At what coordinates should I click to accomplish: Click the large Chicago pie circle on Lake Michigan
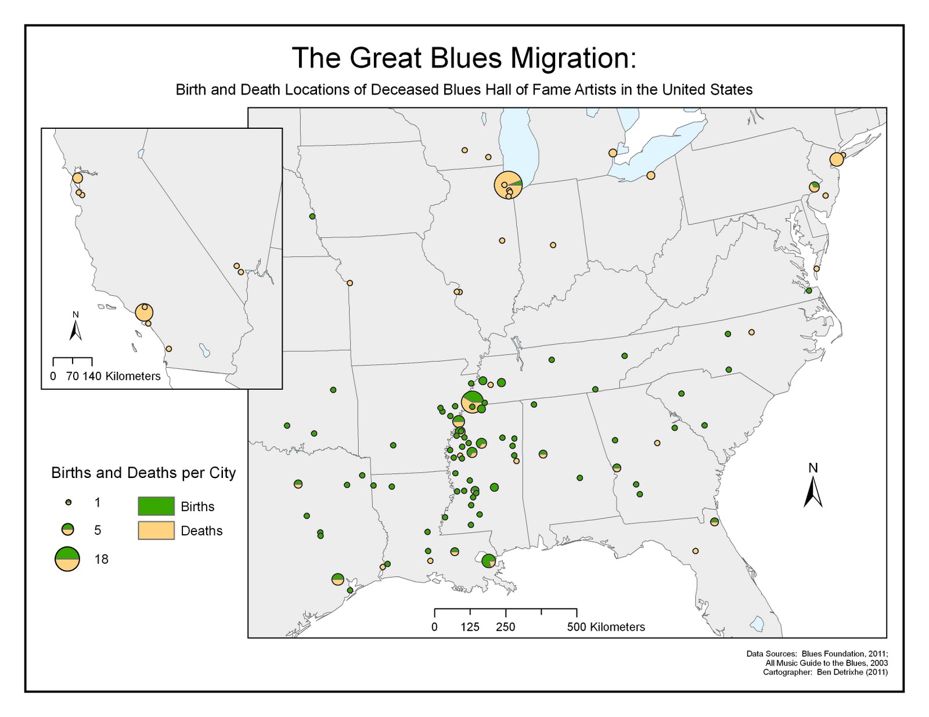[508, 184]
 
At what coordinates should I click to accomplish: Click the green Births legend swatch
[156, 506]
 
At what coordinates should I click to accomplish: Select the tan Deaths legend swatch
[156, 530]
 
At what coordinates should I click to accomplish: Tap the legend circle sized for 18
[67, 559]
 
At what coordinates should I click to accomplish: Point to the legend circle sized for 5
[69, 529]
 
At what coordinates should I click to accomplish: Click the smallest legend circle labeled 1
[69, 502]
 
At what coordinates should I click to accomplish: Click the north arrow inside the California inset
[75, 327]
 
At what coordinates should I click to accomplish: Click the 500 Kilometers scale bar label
[606, 627]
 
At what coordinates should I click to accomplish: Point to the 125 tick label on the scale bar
[470, 627]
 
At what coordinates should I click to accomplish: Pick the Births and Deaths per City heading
[143, 473]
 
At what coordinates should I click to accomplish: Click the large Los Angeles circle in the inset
[144, 312]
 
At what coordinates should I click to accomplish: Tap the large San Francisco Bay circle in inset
[78, 178]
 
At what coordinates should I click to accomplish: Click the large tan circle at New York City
[836, 159]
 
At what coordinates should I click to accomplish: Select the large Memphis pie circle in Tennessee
[473, 402]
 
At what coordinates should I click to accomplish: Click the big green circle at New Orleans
[489, 561]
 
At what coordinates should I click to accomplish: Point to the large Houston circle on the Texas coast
[338, 579]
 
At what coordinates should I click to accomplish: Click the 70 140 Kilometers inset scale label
[113, 376]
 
